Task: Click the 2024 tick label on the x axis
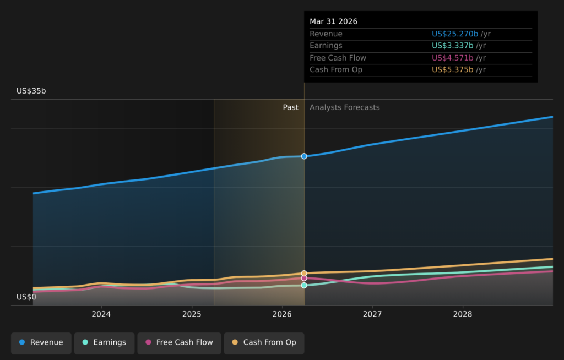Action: [x=101, y=314]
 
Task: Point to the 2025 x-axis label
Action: [x=192, y=314]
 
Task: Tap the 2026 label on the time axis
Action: [x=282, y=314]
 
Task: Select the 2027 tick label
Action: [x=372, y=314]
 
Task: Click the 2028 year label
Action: [x=463, y=314]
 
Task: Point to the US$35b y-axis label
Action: [x=31, y=91]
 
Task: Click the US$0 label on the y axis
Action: [x=26, y=297]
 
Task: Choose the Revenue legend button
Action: [x=41, y=343]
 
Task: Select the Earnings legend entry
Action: [x=104, y=343]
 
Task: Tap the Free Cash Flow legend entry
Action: [x=179, y=343]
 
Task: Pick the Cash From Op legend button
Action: [x=264, y=343]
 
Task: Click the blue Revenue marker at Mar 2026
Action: [x=304, y=156]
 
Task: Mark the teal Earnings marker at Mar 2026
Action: [x=304, y=285]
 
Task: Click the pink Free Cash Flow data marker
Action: [x=304, y=278]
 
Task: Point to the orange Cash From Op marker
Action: [x=304, y=274]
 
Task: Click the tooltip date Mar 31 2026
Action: [x=333, y=21]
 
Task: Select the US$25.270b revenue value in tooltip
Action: [x=455, y=34]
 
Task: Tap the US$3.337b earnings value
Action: [x=453, y=46]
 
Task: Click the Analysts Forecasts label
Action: [x=345, y=107]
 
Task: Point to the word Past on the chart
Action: [x=291, y=107]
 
